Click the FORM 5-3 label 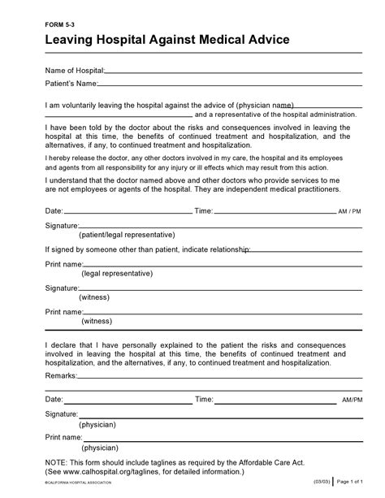click(x=59, y=25)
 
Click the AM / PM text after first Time click(x=350, y=212)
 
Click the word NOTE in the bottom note click(x=58, y=461)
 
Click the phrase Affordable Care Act click(x=301, y=461)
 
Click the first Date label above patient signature click(x=54, y=211)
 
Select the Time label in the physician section click(x=204, y=401)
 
